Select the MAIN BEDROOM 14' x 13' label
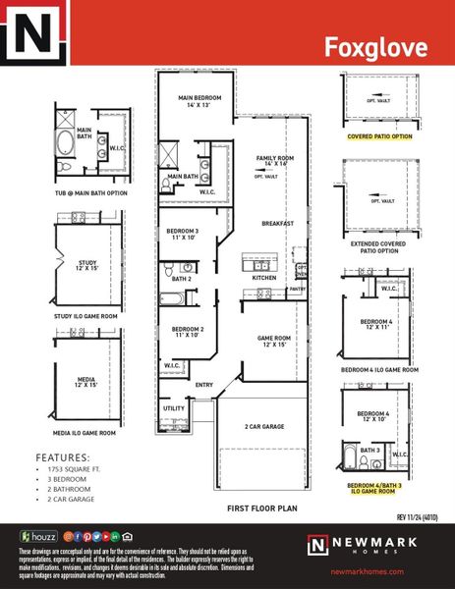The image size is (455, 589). click(x=199, y=102)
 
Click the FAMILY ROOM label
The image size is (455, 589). click(x=274, y=160)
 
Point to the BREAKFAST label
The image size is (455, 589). click(x=278, y=224)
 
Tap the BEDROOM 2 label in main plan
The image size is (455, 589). click(x=187, y=332)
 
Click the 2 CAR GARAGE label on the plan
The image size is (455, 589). click(x=264, y=427)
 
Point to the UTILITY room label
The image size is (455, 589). click(x=174, y=407)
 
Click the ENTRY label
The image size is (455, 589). click(x=204, y=384)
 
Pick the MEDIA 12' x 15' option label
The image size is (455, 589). click(x=86, y=381)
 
